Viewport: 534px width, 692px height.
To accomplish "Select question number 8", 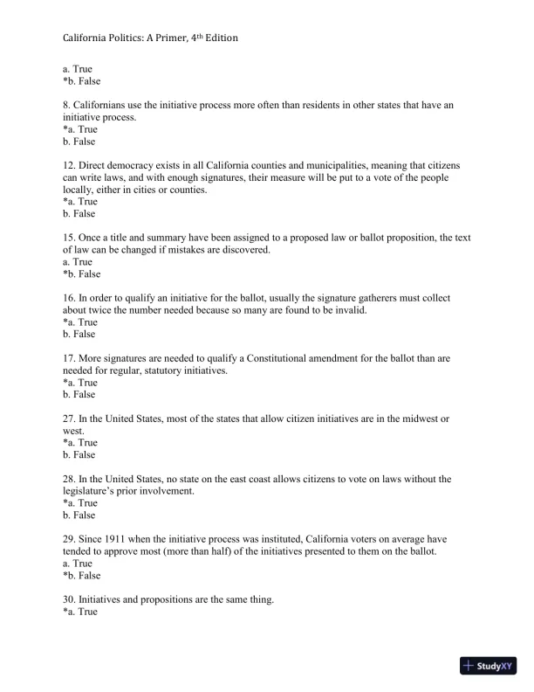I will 67,105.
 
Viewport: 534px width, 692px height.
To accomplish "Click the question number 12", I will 70,165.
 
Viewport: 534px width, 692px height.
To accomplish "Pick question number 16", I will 70,298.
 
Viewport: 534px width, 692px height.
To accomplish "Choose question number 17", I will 70,358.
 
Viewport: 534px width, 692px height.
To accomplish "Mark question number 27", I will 70,419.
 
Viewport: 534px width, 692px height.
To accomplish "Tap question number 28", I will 70,479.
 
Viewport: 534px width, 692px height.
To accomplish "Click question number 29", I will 70,539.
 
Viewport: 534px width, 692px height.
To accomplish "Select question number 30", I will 70,599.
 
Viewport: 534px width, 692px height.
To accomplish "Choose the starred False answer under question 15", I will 81,273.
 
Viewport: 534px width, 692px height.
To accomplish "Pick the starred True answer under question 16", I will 80,322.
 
